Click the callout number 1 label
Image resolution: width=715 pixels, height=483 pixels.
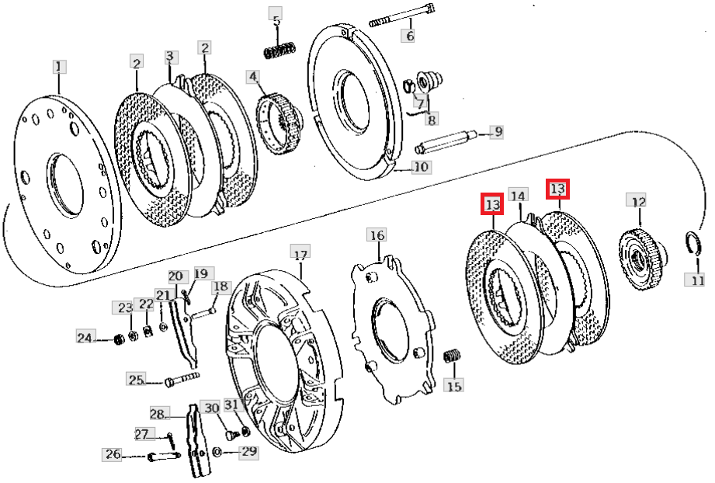[60, 66]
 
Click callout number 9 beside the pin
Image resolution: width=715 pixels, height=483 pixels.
[495, 132]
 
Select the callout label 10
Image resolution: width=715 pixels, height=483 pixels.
[421, 167]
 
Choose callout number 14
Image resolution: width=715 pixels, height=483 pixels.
[518, 196]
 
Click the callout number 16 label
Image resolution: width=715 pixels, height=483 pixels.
[377, 235]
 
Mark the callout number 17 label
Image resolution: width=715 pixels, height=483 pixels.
[300, 253]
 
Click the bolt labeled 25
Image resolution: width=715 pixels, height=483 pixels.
[182, 379]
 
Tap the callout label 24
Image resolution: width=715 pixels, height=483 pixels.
[85, 337]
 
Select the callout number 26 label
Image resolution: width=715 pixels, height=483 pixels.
[113, 454]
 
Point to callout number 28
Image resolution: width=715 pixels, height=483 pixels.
[158, 413]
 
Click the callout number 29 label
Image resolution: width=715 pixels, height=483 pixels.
[249, 451]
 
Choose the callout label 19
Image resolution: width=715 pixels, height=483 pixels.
[202, 273]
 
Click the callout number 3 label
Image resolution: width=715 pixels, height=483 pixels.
[172, 57]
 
